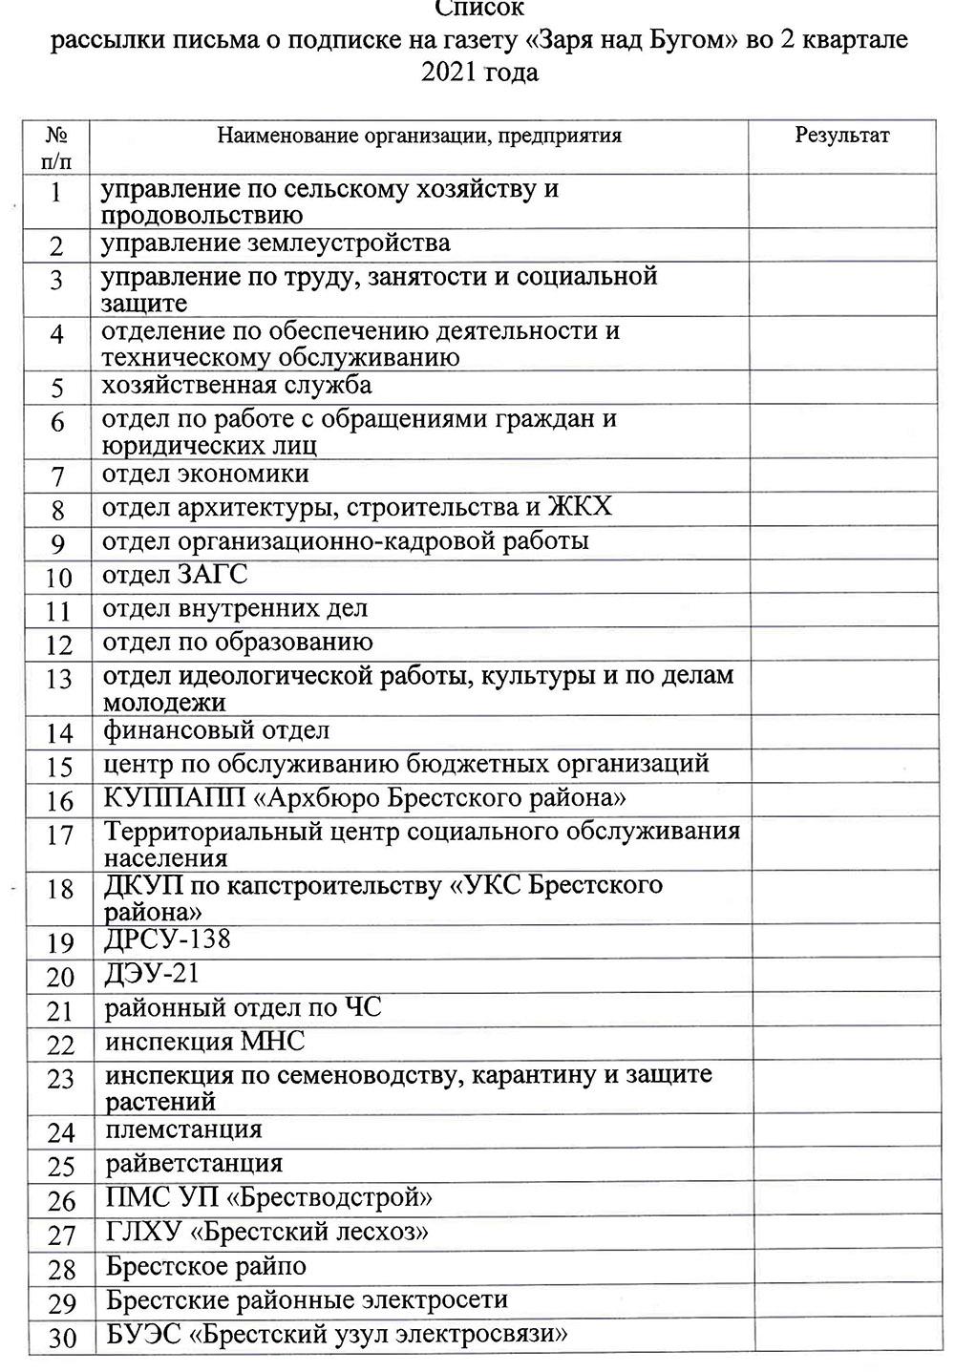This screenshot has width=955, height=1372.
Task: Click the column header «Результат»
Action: tap(841, 136)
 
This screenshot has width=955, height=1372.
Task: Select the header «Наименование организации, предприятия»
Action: tap(419, 136)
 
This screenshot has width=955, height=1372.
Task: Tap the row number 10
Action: tap(59, 578)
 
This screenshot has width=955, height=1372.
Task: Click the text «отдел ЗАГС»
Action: tap(175, 575)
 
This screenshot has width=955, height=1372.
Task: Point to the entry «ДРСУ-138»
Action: tap(167, 939)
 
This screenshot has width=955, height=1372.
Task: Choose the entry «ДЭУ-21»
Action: tap(152, 974)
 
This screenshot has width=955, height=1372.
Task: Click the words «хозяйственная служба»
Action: tap(237, 386)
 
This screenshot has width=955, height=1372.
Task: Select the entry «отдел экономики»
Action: tap(205, 475)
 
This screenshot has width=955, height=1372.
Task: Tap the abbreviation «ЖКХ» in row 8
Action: tap(579, 506)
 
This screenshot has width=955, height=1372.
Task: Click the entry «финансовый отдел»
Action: tap(217, 731)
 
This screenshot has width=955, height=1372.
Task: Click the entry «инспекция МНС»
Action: tap(205, 1041)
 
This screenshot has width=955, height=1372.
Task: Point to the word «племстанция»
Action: tap(183, 1129)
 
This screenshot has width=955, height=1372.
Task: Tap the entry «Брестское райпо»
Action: tap(206, 1267)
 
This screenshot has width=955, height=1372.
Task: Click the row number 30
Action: tap(62, 1338)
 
